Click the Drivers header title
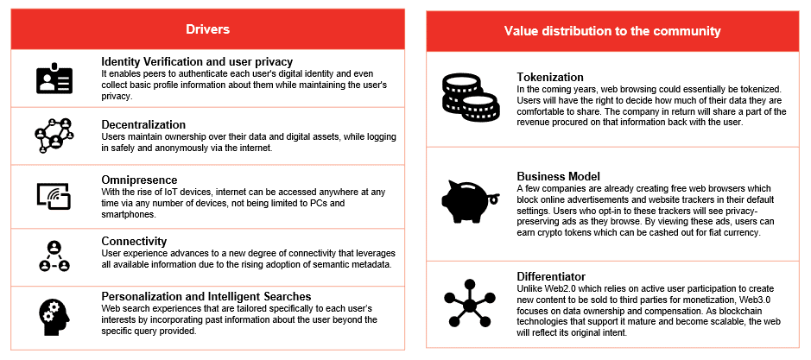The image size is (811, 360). point(207,29)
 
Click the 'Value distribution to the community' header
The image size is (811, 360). point(612,31)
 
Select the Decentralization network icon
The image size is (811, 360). point(54,136)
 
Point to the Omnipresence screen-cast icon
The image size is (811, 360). point(54,195)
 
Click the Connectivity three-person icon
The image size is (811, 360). point(54,256)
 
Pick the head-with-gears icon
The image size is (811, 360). point(54,316)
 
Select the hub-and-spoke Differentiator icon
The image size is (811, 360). point(470,303)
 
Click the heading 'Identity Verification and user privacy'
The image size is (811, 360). point(197,61)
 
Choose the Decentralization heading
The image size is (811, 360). point(143,124)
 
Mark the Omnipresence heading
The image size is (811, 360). point(139,180)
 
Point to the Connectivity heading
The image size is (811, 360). point(134,241)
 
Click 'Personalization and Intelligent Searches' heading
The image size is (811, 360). point(206,296)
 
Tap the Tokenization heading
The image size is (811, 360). point(550,77)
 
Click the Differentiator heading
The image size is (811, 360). point(551,276)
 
